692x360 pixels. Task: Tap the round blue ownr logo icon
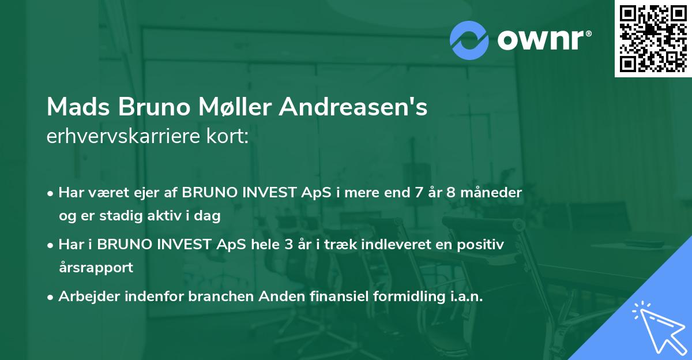pyautogui.click(x=469, y=40)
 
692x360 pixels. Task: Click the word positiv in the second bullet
pyautogui.click(x=484, y=245)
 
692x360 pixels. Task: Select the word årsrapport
pyautogui.click(x=96, y=268)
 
